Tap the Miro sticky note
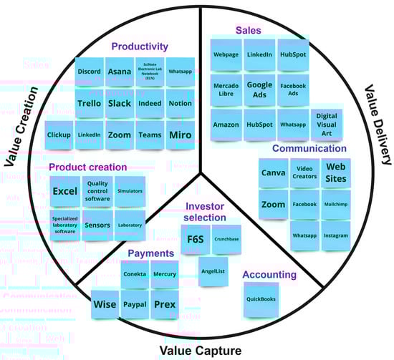(x=179, y=135)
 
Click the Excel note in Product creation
(x=64, y=192)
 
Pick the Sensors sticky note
(x=97, y=225)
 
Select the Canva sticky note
(x=273, y=173)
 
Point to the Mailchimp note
(x=336, y=205)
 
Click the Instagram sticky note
(x=336, y=235)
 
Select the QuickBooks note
(x=261, y=299)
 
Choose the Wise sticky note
(x=105, y=304)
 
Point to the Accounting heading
(x=269, y=274)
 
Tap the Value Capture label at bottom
(x=200, y=350)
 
